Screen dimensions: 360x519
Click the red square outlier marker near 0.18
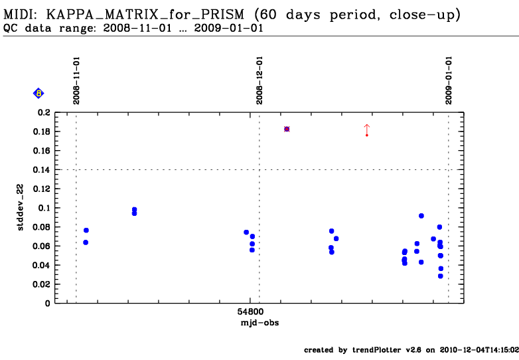287,129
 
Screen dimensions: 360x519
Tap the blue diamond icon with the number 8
38,94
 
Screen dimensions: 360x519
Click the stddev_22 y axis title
21,209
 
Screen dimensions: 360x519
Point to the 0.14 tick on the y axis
42,170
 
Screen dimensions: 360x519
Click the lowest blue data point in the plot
440,276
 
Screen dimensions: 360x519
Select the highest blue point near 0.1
134,209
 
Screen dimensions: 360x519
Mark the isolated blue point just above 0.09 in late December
421,216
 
